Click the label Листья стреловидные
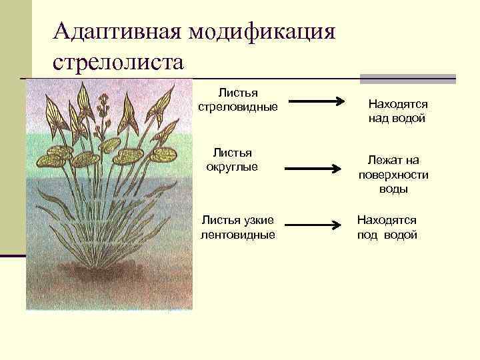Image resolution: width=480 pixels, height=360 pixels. tap(238, 99)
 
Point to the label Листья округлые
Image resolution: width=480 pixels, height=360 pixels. tap(232, 160)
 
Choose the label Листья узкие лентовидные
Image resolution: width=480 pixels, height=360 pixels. tap(238, 227)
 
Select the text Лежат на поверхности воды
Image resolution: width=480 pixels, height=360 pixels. tap(393, 175)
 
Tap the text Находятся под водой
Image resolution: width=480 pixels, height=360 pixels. tap(387, 227)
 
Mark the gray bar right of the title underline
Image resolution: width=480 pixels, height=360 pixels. tap(407, 79)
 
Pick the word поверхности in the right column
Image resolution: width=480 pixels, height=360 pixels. tap(393, 175)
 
